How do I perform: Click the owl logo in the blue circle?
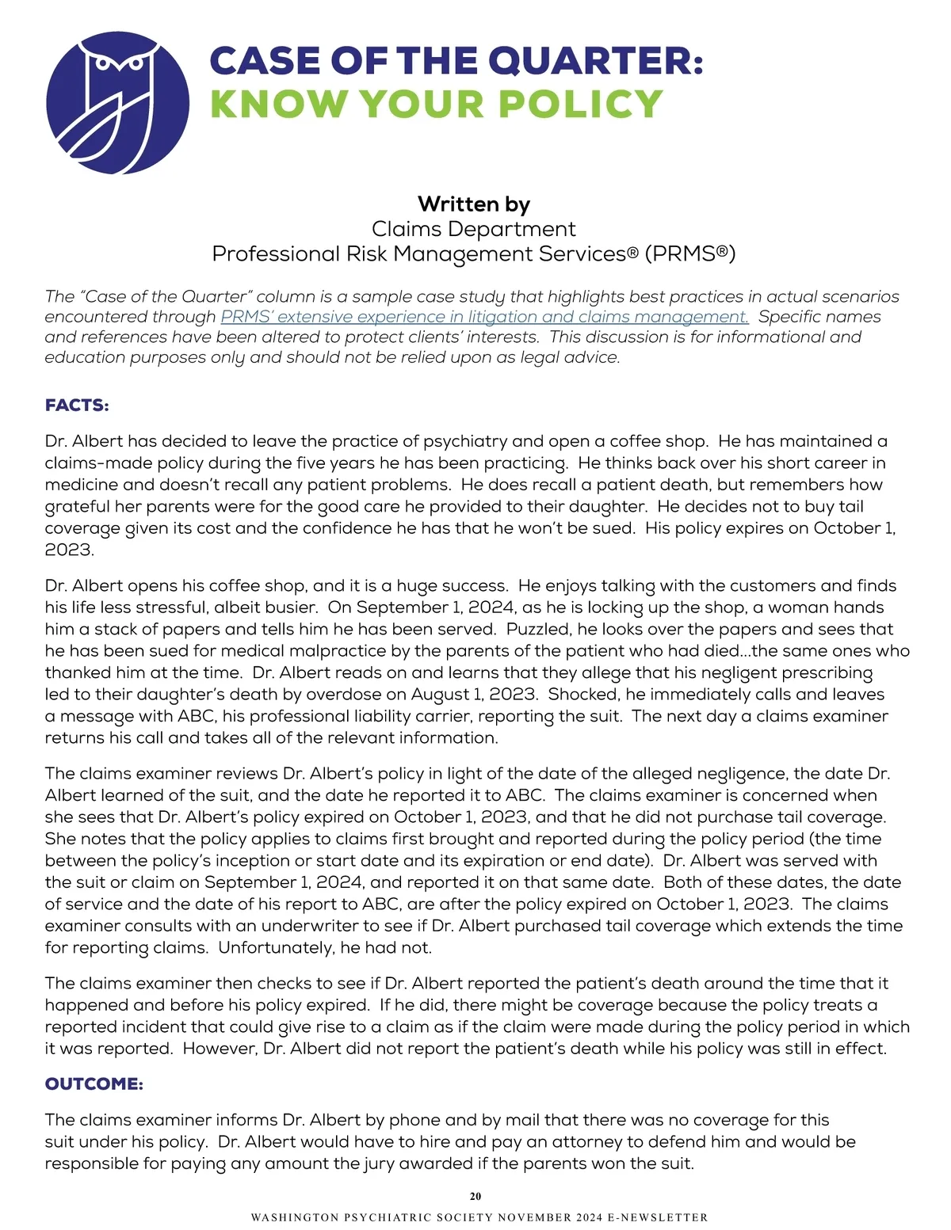117,102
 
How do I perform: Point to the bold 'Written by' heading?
474,204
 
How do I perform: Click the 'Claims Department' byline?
474,229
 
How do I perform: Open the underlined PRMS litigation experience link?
484,317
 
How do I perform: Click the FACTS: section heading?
77,406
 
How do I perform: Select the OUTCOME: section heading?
94,1083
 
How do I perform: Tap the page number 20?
475,1196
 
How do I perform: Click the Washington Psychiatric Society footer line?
479,1217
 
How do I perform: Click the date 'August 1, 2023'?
474,695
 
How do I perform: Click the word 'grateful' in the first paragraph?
77,507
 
